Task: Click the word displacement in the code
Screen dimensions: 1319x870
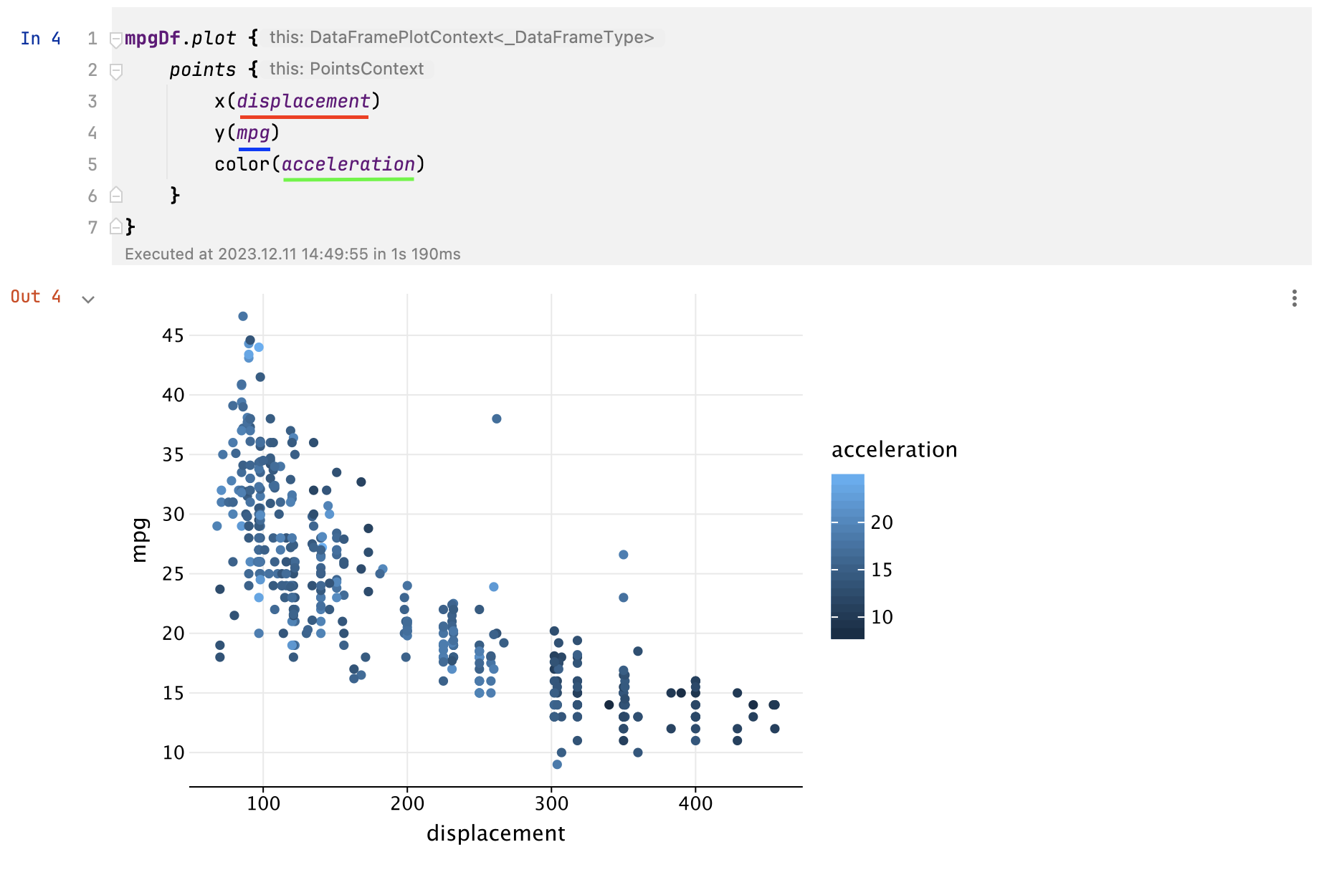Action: tap(304, 101)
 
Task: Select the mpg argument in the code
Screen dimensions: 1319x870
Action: tap(254, 133)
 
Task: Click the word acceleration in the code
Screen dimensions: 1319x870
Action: tap(348, 164)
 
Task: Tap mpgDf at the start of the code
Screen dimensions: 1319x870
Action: tap(153, 38)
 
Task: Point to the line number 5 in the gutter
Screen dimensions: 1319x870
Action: tap(92, 165)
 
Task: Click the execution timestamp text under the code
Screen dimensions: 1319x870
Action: tap(292, 254)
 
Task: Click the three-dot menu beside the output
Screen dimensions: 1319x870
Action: tap(1294, 298)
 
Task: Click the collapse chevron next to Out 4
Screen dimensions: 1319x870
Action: tap(88, 300)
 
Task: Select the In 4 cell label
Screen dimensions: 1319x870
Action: tap(41, 39)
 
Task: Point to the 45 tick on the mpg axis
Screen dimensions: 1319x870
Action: tap(173, 335)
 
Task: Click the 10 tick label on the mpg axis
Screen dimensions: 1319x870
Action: tap(173, 752)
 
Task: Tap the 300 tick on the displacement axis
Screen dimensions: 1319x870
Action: tap(551, 803)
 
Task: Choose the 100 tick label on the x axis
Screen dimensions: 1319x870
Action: tap(263, 803)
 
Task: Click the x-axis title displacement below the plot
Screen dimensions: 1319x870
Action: tap(495, 833)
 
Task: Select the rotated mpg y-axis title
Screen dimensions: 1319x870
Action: tap(140, 540)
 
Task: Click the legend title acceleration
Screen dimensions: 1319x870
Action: tap(894, 449)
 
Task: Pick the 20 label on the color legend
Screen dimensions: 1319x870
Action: tap(882, 522)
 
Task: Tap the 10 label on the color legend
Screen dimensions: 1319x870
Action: tap(882, 617)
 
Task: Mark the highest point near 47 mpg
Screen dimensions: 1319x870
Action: tap(243, 316)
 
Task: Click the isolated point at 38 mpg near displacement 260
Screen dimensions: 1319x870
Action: tap(497, 419)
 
